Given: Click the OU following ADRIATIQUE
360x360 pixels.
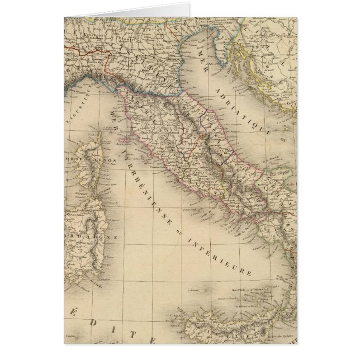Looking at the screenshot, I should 283,134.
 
